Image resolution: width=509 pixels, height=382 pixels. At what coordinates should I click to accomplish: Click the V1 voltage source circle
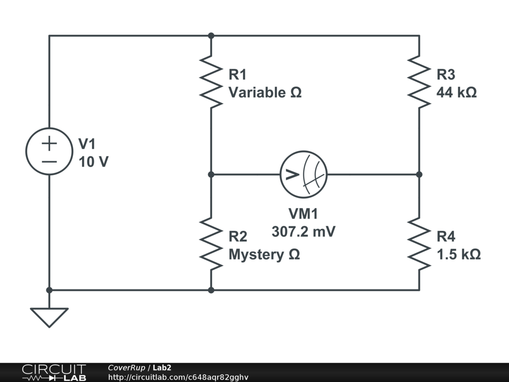[x=49, y=151]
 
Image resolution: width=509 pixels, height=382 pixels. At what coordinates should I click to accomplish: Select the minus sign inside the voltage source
[x=49, y=161]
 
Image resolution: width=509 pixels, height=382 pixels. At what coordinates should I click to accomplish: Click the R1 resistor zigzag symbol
[x=211, y=82]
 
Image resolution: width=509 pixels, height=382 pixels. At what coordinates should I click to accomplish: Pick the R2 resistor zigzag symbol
[x=211, y=244]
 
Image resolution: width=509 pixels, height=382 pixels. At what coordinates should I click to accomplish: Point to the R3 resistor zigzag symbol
[x=419, y=82]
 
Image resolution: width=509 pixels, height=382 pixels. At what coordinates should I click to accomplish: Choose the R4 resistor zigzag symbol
[x=419, y=244]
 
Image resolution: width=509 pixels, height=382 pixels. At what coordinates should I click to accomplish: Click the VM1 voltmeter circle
[x=304, y=174]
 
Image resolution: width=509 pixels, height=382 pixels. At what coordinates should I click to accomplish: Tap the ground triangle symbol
[x=49, y=317]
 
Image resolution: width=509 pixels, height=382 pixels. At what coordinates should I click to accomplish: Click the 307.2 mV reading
[x=303, y=232]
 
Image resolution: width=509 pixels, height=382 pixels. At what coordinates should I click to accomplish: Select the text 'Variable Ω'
[x=265, y=93]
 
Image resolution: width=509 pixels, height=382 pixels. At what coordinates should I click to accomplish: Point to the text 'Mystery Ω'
[x=264, y=255]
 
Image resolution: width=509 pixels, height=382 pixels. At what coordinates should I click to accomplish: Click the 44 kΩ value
[x=456, y=93]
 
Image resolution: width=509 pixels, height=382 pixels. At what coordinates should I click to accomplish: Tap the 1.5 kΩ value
[x=458, y=255]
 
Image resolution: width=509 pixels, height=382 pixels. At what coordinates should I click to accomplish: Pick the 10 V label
[x=93, y=162]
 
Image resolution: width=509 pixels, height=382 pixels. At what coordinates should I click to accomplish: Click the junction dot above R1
[x=211, y=36]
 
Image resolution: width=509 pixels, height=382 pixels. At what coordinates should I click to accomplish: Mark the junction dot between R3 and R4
[x=419, y=175]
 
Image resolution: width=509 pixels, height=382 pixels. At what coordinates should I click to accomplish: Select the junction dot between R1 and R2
[x=211, y=175]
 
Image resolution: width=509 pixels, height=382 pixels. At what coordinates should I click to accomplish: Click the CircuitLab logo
[x=54, y=373]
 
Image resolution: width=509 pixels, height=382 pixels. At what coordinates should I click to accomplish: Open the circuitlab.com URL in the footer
[x=178, y=378]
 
